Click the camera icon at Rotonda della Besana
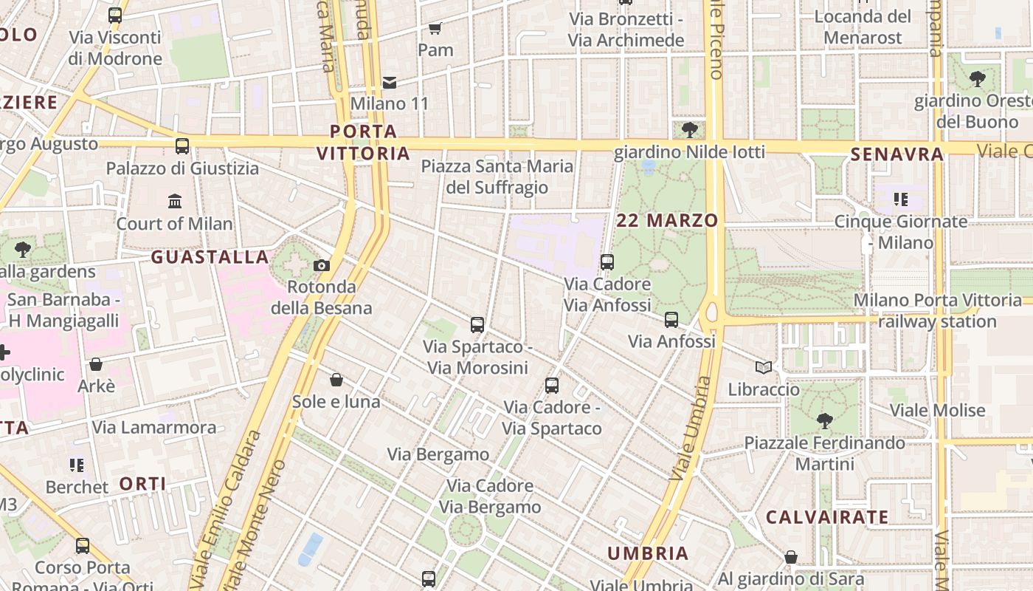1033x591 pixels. (322, 266)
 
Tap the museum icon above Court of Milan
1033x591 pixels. (175, 201)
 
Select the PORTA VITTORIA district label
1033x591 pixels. (363, 143)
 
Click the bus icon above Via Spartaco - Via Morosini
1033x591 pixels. (477, 324)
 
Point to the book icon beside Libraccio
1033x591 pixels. (764, 367)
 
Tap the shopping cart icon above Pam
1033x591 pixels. (435, 28)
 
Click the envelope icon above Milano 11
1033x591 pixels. (390, 82)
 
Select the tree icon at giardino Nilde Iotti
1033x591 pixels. (690, 131)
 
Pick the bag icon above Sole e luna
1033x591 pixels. (336, 380)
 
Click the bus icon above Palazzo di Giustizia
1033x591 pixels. (182, 146)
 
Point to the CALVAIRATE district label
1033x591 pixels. (826, 517)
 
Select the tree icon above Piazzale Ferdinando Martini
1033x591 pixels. (824, 421)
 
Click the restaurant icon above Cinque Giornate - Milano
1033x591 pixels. (900, 199)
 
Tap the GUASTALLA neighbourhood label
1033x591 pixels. (210, 257)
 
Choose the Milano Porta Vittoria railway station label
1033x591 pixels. (937, 311)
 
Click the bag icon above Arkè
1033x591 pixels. (96, 364)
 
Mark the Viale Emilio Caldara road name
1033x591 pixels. (225, 510)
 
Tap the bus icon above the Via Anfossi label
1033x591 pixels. (671, 320)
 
